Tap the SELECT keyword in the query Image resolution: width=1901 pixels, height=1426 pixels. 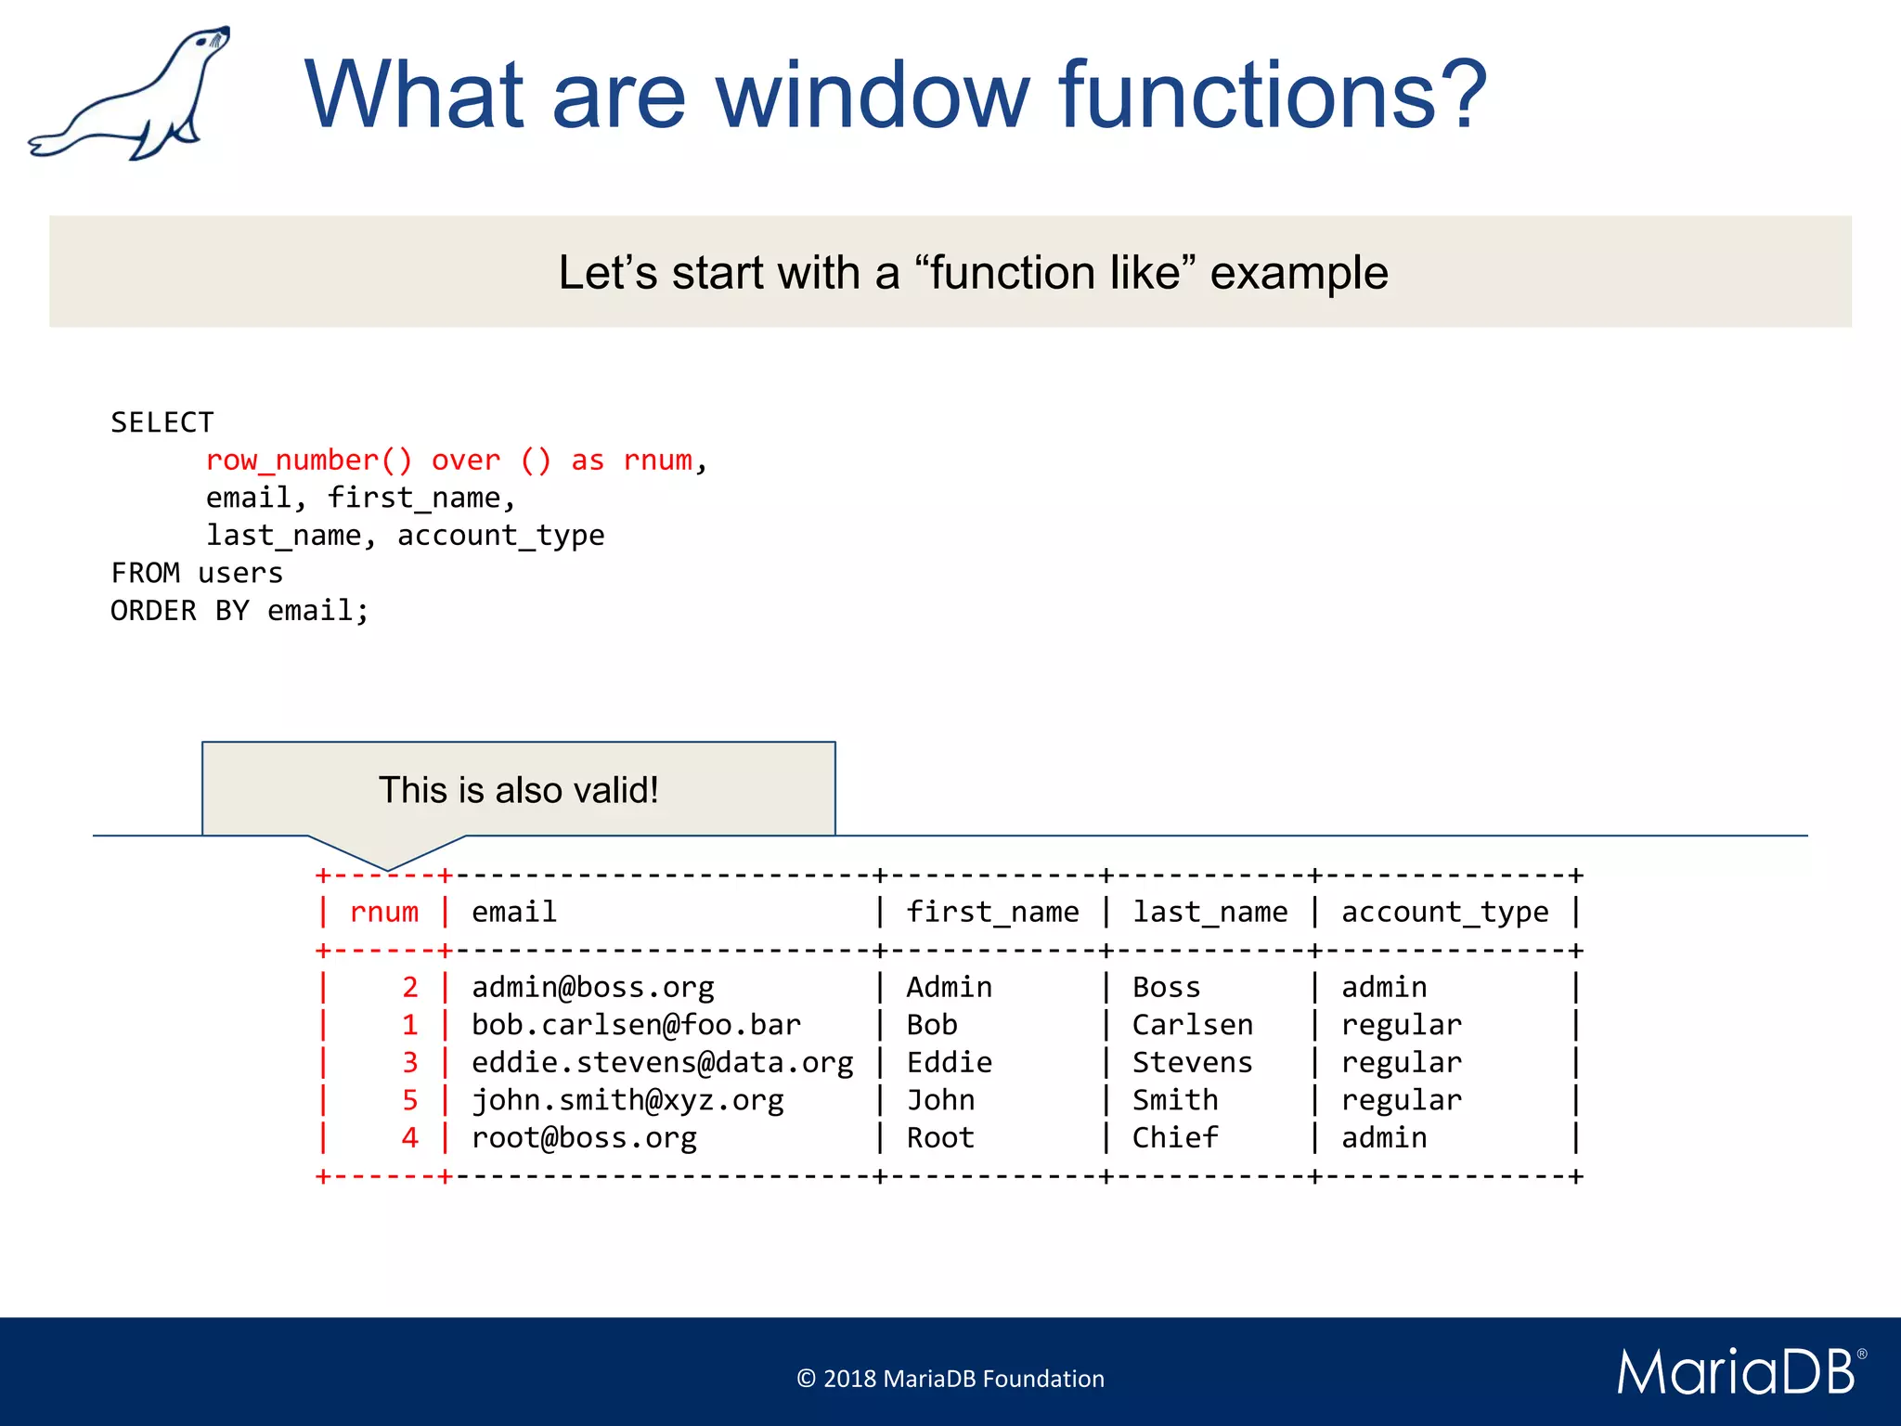coord(162,422)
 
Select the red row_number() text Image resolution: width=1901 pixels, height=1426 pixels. coord(308,460)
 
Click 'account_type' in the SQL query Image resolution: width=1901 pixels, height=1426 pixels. coord(500,536)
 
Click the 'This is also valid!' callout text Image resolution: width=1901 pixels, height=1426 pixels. coord(518,790)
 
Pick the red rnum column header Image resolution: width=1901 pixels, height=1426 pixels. coord(384,913)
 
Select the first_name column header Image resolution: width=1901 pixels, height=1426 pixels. coord(992,913)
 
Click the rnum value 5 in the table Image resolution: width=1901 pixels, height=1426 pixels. coord(410,1100)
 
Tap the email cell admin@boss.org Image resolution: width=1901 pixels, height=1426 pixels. coord(592,988)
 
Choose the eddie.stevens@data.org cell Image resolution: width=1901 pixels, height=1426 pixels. coord(662,1063)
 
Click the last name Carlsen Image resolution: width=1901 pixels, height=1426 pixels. coord(1192,1025)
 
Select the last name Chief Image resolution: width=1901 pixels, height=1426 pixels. coord(1174,1138)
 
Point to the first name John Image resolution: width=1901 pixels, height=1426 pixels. coord(940,1100)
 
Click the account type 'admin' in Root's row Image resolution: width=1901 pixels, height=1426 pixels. coord(1384,1138)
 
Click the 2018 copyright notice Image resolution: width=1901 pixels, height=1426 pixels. coord(950,1379)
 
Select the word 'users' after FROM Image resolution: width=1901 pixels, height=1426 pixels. coord(240,574)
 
